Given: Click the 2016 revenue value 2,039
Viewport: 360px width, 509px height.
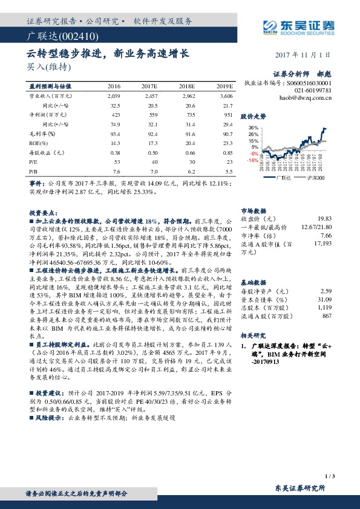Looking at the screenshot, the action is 113,96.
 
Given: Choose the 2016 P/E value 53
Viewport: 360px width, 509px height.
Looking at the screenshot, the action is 117,161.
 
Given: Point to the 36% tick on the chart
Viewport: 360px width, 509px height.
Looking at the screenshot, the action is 253,128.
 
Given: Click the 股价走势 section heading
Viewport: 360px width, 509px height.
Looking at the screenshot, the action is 254,115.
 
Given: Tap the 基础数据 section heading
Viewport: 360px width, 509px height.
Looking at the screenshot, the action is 254,282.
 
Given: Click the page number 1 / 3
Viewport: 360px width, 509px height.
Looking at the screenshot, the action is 329,477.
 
